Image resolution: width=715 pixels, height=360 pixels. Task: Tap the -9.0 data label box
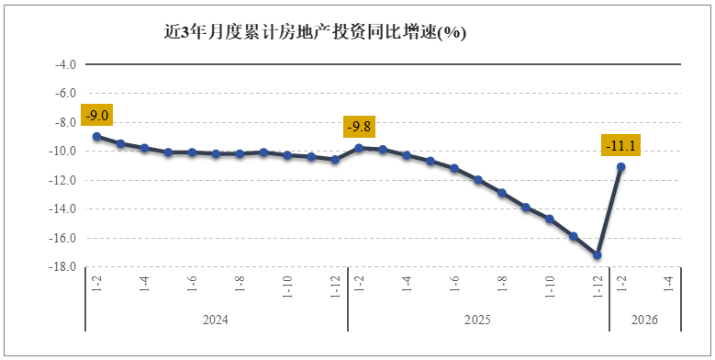click(x=96, y=116)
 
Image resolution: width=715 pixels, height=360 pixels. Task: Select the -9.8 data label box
click(x=359, y=127)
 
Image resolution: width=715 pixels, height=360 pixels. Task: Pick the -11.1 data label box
click(x=621, y=146)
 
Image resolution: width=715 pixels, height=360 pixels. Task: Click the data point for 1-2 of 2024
click(x=96, y=136)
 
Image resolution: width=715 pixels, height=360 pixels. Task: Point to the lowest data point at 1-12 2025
click(x=598, y=255)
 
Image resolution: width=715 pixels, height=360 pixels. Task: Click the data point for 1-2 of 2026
click(x=621, y=167)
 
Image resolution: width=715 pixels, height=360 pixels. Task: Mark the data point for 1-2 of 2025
click(x=359, y=147)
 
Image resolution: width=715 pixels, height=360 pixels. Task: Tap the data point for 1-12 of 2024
click(x=335, y=160)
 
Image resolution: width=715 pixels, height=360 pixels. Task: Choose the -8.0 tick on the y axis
click(x=64, y=122)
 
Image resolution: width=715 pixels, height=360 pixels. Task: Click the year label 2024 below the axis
click(x=216, y=321)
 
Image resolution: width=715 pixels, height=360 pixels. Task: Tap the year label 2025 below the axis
click(x=478, y=321)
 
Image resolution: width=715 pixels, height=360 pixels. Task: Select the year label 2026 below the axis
click(x=645, y=321)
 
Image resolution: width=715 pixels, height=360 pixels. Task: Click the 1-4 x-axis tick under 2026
click(x=669, y=283)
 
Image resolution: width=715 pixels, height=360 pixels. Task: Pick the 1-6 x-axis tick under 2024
click(x=192, y=283)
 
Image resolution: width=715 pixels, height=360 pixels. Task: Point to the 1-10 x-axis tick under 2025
click(x=550, y=285)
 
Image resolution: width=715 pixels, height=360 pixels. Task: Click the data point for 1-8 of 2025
click(x=502, y=193)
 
